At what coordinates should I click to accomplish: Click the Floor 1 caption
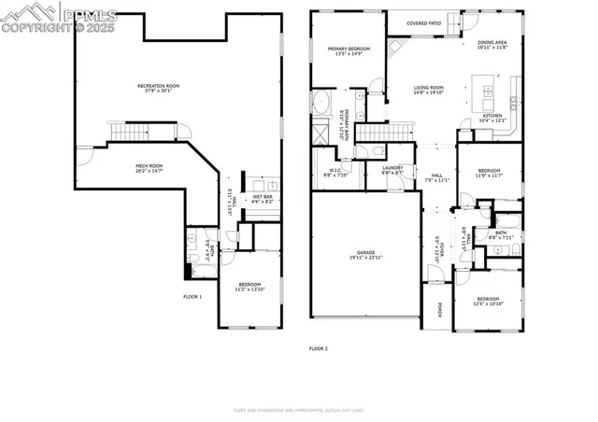point(192,296)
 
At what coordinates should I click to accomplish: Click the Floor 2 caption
point(319,348)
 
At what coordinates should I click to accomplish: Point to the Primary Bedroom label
point(349,50)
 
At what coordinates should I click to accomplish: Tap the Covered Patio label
point(423,24)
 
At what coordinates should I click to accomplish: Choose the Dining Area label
point(492,44)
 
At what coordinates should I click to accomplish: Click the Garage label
point(365,254)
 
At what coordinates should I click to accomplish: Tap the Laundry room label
point(392,170)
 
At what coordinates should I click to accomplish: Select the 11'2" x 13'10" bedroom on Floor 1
point(249,286)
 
